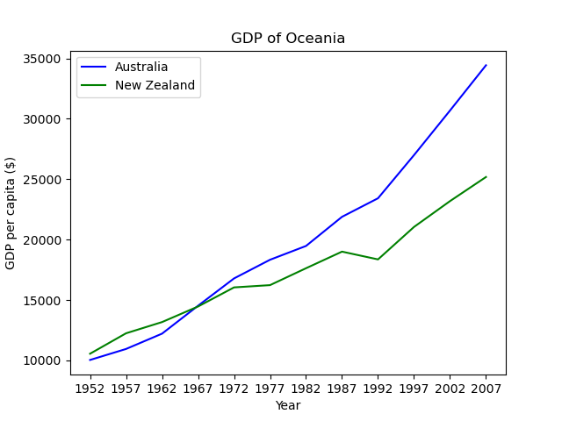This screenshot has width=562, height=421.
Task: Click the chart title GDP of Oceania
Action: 288,39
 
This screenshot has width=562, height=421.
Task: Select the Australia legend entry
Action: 141,68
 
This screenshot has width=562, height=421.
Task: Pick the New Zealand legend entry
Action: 155,86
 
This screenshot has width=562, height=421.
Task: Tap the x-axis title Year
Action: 288,405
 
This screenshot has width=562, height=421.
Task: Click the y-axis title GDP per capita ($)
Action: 11,213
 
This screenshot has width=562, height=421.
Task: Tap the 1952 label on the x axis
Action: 90,388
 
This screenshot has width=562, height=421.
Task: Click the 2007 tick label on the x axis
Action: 486,388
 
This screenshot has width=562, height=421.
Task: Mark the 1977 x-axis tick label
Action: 270,388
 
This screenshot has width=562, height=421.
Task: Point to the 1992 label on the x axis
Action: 378,388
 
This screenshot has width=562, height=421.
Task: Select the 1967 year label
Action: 198,388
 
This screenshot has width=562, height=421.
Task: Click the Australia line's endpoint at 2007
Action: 486,65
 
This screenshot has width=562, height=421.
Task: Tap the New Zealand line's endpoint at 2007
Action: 486,177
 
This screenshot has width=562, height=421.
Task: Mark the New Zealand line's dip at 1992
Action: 378,260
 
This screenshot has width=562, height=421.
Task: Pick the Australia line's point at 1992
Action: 378,198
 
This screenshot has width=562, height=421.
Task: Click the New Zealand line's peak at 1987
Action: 342,252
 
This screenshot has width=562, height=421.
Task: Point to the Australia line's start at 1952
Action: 90,360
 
